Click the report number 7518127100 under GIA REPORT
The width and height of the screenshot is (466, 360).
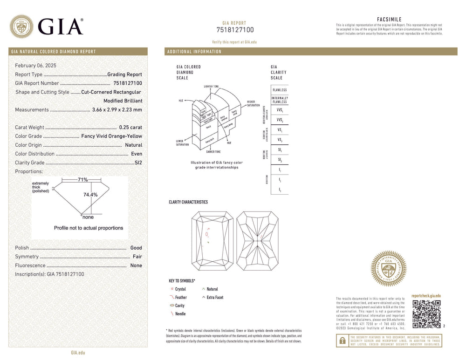pyautogui.click(x=235, y=30)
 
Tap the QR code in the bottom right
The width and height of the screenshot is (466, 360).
pyautogui.click(x=426, y=314)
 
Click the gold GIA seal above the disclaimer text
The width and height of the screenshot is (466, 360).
pyautogui.click(x=388, y=269)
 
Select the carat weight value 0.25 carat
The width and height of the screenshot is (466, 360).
pyautogui.click(x=130, y=127)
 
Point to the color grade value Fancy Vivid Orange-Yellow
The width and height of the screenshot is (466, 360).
pyautogui.click(x=112, y=136)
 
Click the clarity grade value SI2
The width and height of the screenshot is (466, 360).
pyautogui.click(x=138, y=163)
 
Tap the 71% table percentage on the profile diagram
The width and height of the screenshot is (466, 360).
pyautogui.click(x=83, y=180)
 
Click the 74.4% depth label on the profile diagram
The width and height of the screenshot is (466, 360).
pyautogui.click(x=90, y=195)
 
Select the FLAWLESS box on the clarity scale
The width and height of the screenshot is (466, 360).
pyautogui.click(x=280, y=90)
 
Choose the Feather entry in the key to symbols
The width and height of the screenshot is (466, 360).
pyautogui.click(x=181, y=297)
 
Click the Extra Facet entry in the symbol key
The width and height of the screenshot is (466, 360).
pyautogui.click(x=215, y=297)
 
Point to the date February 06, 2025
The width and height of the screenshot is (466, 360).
pyautogui.click(x=35, y=66)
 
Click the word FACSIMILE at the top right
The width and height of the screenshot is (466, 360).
pyautogui.click(x=389, y=20)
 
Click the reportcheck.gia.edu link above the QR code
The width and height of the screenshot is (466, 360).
pyautogui.click(x=426, y=296)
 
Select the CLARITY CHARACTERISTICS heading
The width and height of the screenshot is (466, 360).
pyautogui.click(x=188, y=202)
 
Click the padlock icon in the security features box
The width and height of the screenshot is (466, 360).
pyautogui.click(x=343, y=341)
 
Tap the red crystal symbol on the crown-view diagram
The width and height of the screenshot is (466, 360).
pyautogui.click(x=207, y=235)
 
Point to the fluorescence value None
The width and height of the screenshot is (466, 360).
pyautogui.click(x=136, y=265)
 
